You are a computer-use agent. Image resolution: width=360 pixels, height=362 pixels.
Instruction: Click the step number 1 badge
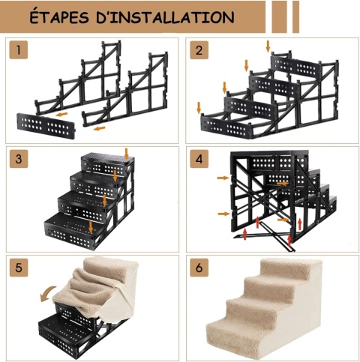[19, 50]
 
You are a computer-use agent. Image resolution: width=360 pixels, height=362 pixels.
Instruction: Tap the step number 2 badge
[199, 50]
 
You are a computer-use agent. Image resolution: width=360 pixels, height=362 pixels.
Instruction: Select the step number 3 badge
[19, 159]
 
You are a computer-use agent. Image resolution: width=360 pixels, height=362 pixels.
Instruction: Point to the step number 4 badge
[199, 159]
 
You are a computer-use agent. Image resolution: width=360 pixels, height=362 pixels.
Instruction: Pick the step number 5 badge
[19, 268]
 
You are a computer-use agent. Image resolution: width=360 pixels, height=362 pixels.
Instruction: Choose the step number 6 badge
[199, 268]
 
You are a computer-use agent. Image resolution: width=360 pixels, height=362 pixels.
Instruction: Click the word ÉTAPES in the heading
[59, 16]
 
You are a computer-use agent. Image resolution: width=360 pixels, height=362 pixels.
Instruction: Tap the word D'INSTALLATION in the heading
[165, 17]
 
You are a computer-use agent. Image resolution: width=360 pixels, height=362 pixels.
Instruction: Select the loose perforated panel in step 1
[46, 126]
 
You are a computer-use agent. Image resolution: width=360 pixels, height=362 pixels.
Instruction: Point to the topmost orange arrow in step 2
[268, 46]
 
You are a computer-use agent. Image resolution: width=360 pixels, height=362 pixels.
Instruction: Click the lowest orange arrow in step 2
[199, 107]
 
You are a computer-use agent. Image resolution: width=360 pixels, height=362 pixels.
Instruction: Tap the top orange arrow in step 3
[126, 154]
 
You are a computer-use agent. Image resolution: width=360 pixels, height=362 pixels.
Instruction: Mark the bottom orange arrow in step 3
[91, 227]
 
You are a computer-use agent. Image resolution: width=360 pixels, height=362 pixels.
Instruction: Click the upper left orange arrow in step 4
[223, 178]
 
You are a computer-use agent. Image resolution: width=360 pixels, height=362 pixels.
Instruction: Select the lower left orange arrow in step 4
[224, 214]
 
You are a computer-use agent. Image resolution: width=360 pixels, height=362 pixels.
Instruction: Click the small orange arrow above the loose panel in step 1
[61, 115]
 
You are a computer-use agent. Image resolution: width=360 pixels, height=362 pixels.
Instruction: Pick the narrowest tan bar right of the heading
[295, 16]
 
